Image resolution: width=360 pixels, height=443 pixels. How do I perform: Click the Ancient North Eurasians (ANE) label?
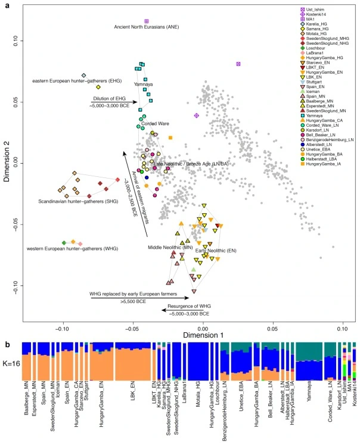pos(141,27)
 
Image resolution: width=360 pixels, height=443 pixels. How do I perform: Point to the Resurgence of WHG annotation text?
pos(185,305)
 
